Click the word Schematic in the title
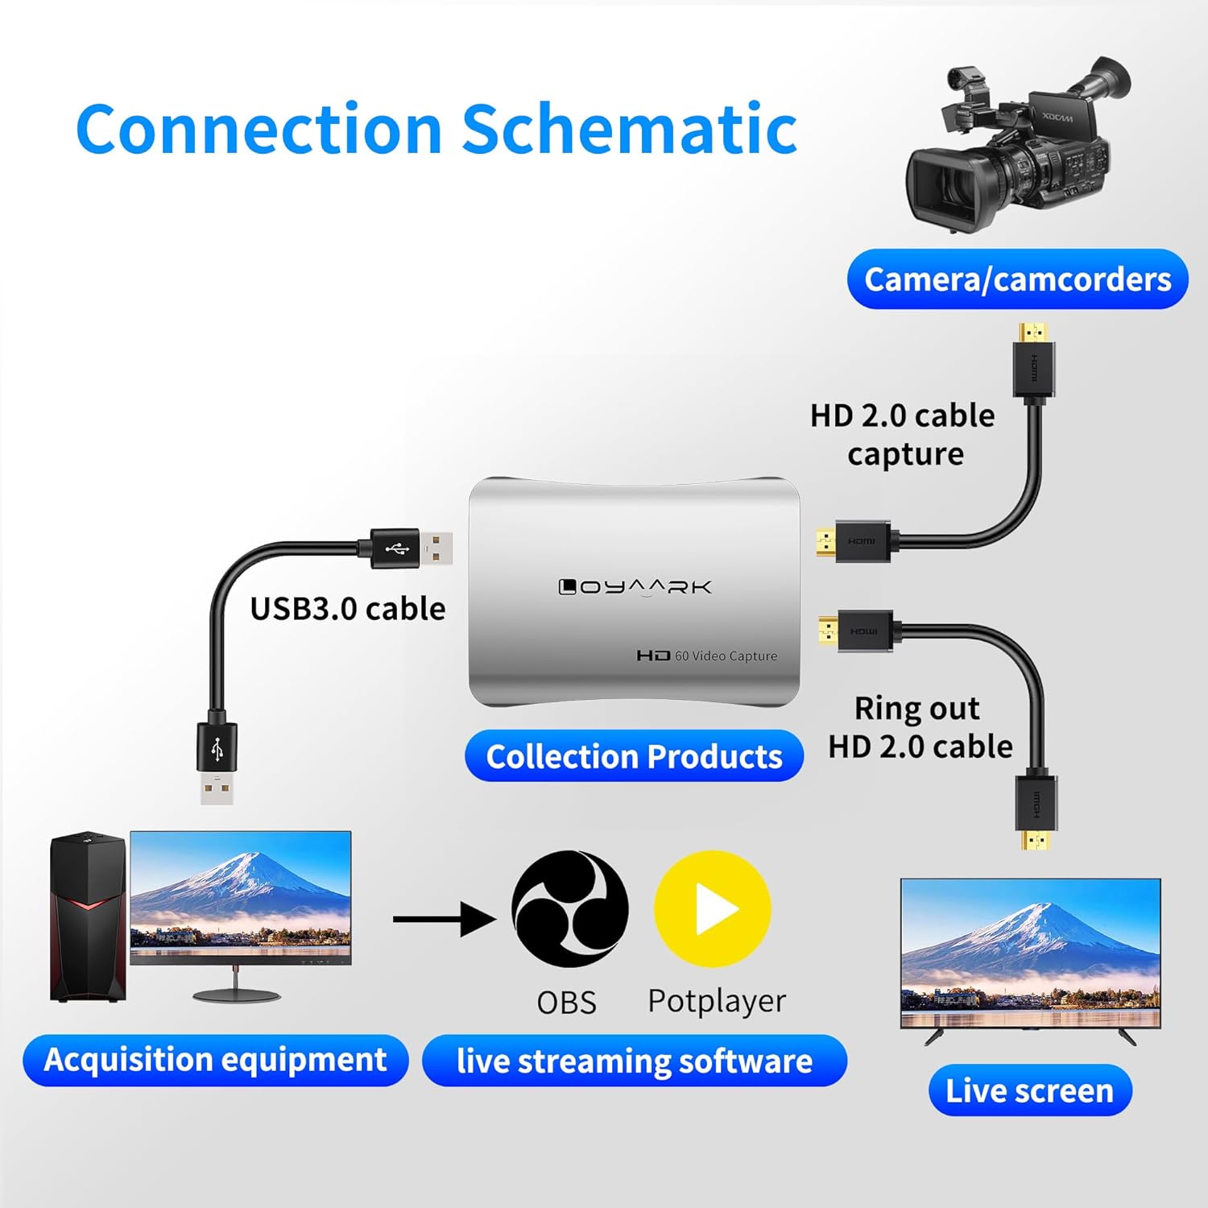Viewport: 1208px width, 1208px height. pos(629,129)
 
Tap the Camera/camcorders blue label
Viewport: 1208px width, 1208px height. pos(1017,279)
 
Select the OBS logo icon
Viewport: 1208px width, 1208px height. pos(570,908)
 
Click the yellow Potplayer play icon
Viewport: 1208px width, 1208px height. pos(713,909)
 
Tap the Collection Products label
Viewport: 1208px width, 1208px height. pos(634,756)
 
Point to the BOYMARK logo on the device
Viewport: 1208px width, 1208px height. pos(635,587)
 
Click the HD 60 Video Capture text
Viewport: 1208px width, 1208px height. pos(707,656)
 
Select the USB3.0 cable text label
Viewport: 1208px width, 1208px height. pos(347,609)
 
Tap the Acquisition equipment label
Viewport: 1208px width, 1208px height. pos(215,1060)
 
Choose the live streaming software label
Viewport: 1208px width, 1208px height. pos(634,1061)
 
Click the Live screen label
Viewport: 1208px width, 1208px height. pos(1029,1090)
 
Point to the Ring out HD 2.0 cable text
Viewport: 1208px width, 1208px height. pos(920,727)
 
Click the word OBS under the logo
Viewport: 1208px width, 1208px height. pos(566,1003)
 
